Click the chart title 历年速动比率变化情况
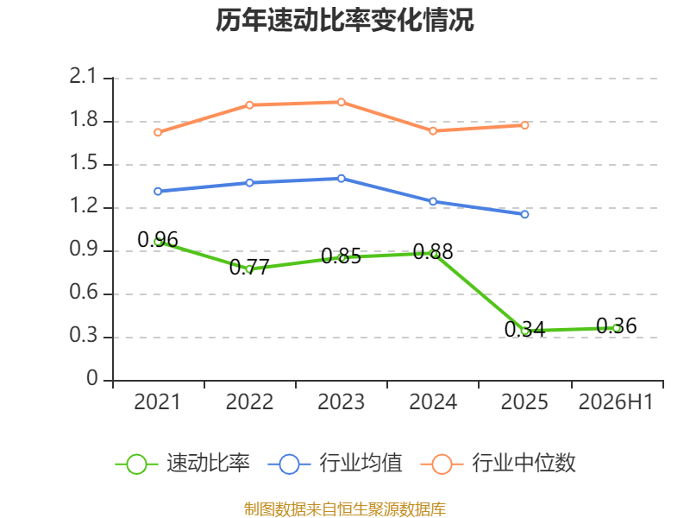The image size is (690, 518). tap(344, 20)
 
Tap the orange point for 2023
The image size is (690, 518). tap(341, 102)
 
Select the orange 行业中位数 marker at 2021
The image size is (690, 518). tap(158, 132)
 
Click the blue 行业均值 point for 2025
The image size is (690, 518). tap(524, 214)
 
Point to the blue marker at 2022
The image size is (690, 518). tap(249, 183)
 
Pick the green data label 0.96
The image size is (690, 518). tap(158, 240)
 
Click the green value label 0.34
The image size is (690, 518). tap(524, 329)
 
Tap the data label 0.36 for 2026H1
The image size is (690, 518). tap(616, 326)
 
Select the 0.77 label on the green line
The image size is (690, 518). tap(249, 267)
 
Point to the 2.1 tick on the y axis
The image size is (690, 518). tap(83, 77)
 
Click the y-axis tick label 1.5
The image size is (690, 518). tap(83, 163)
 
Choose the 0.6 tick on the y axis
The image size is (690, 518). tap(83, 293)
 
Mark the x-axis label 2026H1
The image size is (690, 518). tap(616, 402)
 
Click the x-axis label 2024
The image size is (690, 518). tap(433, 402)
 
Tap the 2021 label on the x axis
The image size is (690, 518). tap(158, 402)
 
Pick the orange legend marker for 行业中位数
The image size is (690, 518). tap(442, 464)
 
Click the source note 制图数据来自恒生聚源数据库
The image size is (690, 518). tap(344, 509)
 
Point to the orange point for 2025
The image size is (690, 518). tap(524, 125)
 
